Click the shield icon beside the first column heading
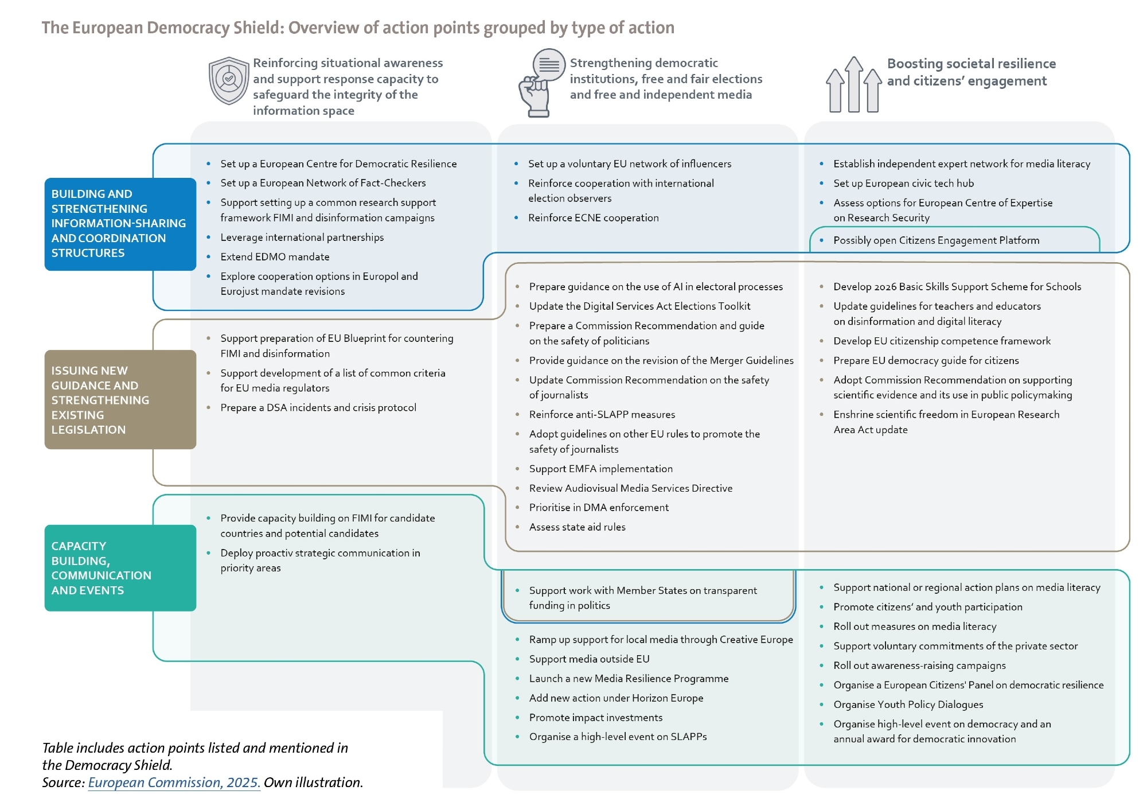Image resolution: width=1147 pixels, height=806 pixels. point(229,81)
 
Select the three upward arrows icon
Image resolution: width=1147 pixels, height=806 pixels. point(853,85)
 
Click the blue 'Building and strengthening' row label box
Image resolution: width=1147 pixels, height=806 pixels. point(120,224)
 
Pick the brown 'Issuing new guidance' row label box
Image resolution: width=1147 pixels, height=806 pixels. point(120,400)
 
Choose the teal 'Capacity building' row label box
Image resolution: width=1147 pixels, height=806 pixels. point(120,568)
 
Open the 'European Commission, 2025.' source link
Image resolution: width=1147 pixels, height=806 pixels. point(174,782)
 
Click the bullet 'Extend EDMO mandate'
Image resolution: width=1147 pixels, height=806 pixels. point(275,257)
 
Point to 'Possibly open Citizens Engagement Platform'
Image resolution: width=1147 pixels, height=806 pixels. point(936,240)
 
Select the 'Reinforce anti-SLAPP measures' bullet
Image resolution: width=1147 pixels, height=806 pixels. point(602,415)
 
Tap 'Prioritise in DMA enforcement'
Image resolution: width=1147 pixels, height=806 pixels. point(599,508)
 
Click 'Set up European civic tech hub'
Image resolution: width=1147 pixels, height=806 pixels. point(903,184)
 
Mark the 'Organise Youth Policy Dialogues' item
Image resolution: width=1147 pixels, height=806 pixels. point(908,704)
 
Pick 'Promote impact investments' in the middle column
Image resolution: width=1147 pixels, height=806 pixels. point(595,718)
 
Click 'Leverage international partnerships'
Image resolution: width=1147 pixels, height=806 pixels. point(302,237)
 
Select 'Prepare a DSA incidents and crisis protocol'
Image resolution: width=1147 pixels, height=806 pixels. point(318,408)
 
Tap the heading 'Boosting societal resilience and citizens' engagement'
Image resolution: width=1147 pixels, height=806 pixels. point(971,72)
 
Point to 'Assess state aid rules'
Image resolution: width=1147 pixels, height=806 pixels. point(577,527)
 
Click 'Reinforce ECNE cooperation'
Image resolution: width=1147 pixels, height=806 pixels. point(593,218)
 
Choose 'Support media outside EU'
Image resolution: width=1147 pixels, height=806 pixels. point(589,659)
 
